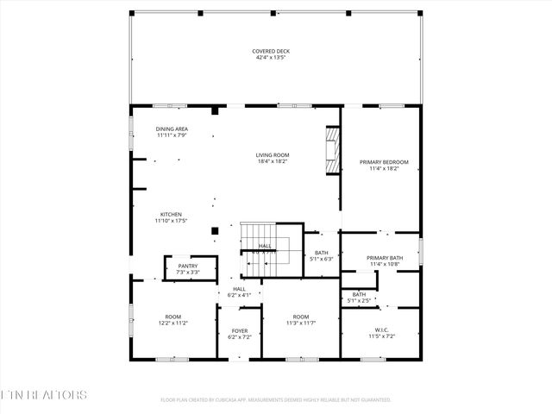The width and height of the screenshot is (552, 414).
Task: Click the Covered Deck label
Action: tap(270, 51)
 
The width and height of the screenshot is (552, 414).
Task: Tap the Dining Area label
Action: tap(172, 129)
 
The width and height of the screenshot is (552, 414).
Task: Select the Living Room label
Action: tap(271, 155)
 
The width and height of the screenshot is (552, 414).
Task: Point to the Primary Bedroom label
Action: tap(383, 162)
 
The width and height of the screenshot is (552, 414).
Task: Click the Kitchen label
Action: tap(171, 215)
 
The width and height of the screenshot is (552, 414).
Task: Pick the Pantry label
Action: tap(188, 267)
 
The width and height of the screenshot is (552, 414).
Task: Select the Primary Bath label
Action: tap(384, 258)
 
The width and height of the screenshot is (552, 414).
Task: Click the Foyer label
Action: tap(239, 329)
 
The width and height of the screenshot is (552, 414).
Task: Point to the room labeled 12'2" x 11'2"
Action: tap(173, 319)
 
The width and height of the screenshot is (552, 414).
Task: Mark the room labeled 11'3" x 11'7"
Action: tap(300, 319)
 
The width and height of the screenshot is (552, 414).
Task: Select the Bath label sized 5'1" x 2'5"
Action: tap(359, 297)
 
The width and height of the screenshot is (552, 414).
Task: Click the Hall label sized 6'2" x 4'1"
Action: tap(238, 292)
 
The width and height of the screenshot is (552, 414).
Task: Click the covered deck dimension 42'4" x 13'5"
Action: tap(270, 57)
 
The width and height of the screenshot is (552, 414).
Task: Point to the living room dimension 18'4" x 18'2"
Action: tap(271, 161)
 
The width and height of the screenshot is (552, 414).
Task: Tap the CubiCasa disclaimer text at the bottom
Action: tap(276, 399)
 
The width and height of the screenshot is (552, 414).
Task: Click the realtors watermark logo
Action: tap(43, 396)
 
